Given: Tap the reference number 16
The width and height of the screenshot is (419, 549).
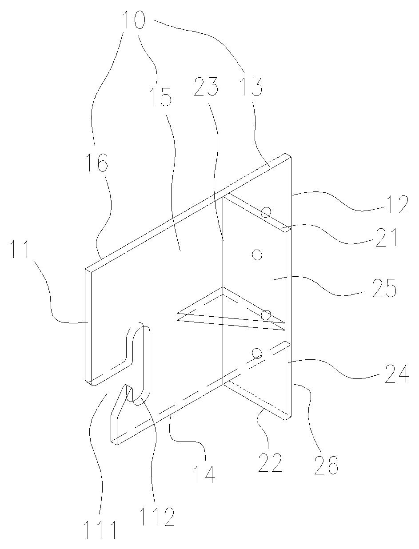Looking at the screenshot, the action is click(x=97, y=163).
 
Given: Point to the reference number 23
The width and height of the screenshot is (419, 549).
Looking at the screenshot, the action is click(x=206, y=87).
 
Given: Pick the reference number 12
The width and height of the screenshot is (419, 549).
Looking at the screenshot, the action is click(x=398, y=204).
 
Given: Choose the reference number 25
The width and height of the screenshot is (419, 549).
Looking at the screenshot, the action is click(x=384, y=288).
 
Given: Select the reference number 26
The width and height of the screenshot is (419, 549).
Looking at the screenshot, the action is click(x=327, y=465).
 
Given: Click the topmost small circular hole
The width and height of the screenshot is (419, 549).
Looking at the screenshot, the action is click(x=266, y=212).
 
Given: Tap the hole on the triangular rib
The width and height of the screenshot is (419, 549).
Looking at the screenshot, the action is click(x=266, y=314).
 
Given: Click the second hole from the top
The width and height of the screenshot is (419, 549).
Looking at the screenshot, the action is click(x=257, y=255).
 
